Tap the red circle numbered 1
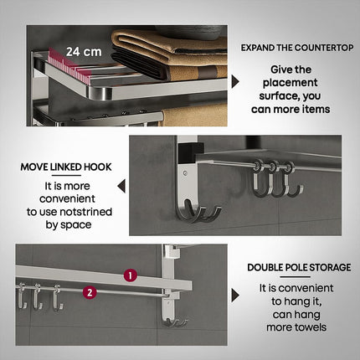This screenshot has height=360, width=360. pos(130,275)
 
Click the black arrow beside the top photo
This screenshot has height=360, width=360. pos(235,81)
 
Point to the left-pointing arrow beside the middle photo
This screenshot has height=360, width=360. pos(121,186)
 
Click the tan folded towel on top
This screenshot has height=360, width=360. pos(167,42)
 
